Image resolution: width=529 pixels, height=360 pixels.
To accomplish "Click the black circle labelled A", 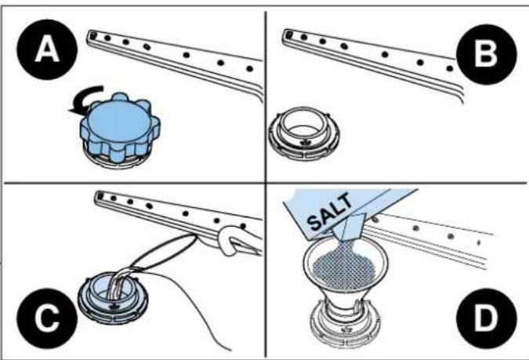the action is coord(47,49).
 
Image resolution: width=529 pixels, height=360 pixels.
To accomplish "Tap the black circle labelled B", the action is coord(486,54).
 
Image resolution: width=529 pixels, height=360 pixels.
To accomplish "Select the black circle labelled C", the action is coord(47,318).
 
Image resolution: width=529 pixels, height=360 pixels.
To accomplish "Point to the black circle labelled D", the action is coord(486,318).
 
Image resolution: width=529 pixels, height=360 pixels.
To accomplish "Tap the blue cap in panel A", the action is coord(120,128).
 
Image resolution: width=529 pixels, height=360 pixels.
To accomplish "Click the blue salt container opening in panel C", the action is coord(113,298).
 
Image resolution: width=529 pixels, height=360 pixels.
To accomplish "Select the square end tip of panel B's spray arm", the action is coord(288,34).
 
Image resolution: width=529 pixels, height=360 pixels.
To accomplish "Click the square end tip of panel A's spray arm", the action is coord(93,35).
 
